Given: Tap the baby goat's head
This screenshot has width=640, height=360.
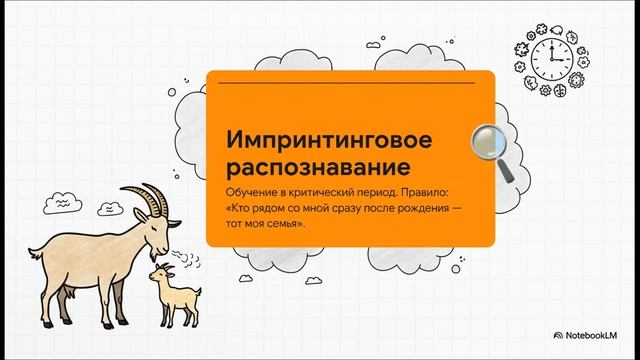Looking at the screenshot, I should coord(160,272).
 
